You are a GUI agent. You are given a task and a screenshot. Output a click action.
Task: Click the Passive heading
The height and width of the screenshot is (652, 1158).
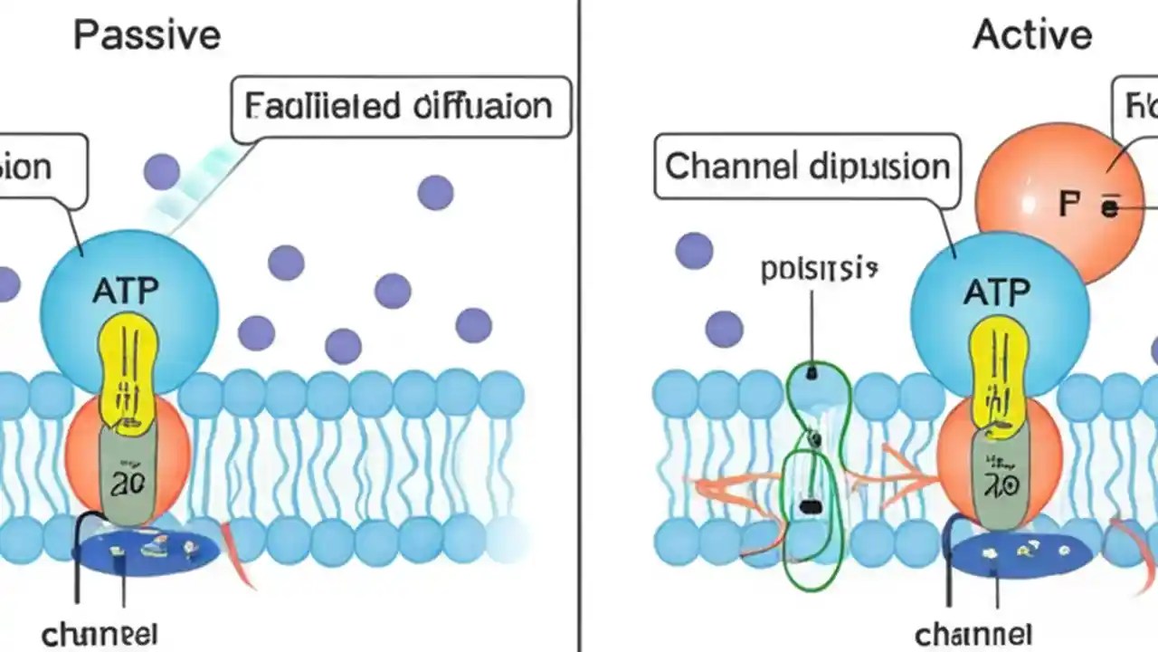coord(147,35)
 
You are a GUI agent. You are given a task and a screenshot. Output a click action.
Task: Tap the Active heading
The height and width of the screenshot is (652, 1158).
coord(1032,35)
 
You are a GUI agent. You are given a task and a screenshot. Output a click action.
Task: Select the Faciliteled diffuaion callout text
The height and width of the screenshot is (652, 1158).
coord(398,107)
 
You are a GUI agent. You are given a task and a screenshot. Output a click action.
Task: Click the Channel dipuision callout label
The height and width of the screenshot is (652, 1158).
coord(807,167)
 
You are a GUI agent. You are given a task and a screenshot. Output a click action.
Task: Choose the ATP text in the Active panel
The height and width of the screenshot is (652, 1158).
coord(996,292)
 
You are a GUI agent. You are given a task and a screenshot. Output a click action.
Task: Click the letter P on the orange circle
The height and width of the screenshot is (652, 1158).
coord(1069,205)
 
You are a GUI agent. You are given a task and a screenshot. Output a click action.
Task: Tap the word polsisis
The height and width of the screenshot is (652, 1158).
coord(820,269)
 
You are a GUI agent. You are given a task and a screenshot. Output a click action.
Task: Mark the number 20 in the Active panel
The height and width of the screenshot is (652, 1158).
coord(998,485)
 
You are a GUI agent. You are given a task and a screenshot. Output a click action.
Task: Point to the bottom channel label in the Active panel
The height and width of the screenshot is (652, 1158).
coord(973,633)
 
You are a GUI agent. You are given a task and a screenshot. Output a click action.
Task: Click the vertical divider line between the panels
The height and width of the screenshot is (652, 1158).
coord(578,326)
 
